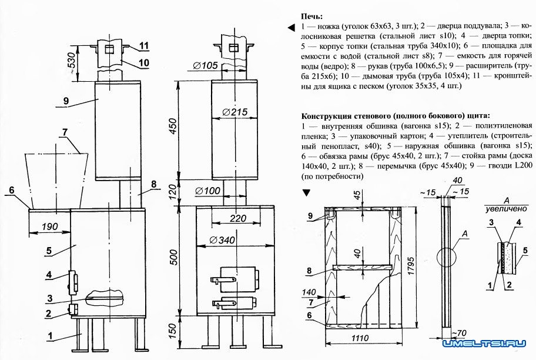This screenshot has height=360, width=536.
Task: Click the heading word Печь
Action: [311, 16]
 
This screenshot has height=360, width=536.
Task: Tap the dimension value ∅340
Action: [223, 240]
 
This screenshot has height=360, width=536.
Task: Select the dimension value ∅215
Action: [235, 112]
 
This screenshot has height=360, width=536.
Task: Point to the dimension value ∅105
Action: [205, 65]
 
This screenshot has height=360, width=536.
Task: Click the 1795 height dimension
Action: [411, 266]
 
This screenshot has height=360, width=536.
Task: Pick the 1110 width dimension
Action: [360, 338]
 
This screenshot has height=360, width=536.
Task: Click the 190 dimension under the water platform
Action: [49, 226]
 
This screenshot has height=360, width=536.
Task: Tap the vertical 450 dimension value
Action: [173, 126]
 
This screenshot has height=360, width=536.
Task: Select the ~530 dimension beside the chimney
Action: [71, 64]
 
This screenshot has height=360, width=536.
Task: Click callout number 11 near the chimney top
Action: [144, 45]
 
